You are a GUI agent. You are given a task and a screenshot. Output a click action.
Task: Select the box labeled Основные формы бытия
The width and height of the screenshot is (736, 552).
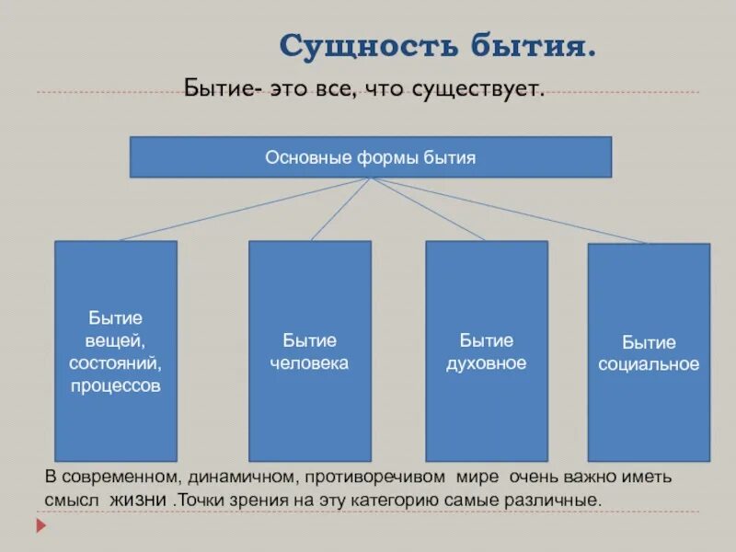click(x=370, y=157)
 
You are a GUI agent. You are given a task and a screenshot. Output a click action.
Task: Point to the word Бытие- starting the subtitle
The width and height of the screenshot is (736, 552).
click(x=224, y=90)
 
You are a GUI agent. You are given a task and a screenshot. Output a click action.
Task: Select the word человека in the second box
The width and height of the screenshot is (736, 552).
click(x=309, y=363)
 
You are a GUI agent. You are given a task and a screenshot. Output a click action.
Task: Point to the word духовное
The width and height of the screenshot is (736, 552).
click(x=486, y=363)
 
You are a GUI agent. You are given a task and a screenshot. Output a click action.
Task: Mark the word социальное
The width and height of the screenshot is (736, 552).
click(x=649, y=364)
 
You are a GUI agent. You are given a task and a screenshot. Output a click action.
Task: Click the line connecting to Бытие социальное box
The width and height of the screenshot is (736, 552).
click(x=515, y=211)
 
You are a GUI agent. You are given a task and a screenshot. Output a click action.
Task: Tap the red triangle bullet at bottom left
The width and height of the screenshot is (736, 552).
click(x=40, y=527)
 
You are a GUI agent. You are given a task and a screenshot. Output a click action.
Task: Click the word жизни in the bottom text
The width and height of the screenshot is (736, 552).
click(x=141, y=501)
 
